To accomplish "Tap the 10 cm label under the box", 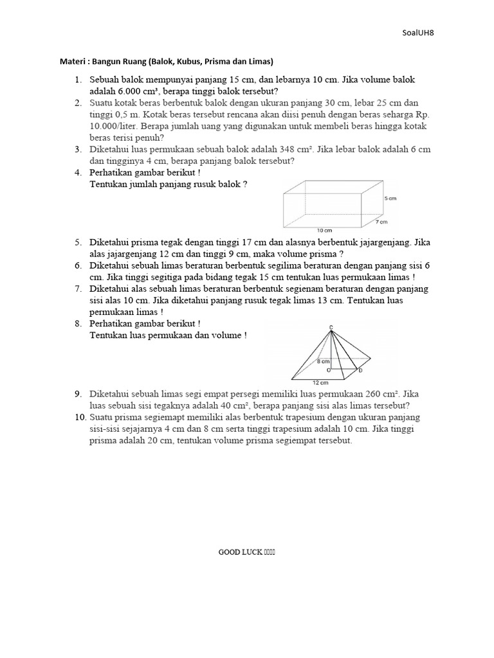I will pos(324,230).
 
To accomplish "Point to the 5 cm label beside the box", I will pos(390,199).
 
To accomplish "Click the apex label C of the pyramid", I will pos(331,328).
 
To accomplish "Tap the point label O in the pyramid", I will pos(329,370).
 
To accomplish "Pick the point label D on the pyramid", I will pos(360,370).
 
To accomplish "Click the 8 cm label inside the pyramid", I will pos(323,362).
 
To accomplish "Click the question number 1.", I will pos(77,80).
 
